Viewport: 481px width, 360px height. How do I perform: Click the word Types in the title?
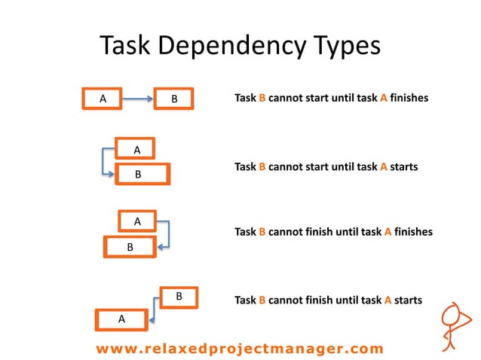pos(342,47)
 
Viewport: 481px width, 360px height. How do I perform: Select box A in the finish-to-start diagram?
pos(102,98)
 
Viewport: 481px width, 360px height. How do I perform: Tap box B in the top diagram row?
pos(174,98)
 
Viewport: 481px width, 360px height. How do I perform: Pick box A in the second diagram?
pos(136,149)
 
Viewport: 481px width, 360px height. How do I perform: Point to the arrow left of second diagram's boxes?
pos(104,162)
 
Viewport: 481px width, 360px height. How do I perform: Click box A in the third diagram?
pos(137,221)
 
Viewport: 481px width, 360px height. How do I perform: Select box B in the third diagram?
pos(130,246)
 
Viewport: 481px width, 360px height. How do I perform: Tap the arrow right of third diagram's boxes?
pos(167,234)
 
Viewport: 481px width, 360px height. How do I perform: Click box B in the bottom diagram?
pos(179,297)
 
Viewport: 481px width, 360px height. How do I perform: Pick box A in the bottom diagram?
pos(121,319)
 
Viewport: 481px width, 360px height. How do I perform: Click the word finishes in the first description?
pos(409,98)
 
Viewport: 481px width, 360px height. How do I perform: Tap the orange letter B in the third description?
pos(262,232)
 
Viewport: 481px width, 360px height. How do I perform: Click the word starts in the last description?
pos(408,300)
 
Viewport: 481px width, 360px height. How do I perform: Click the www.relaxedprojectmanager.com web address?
pos(240,348)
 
